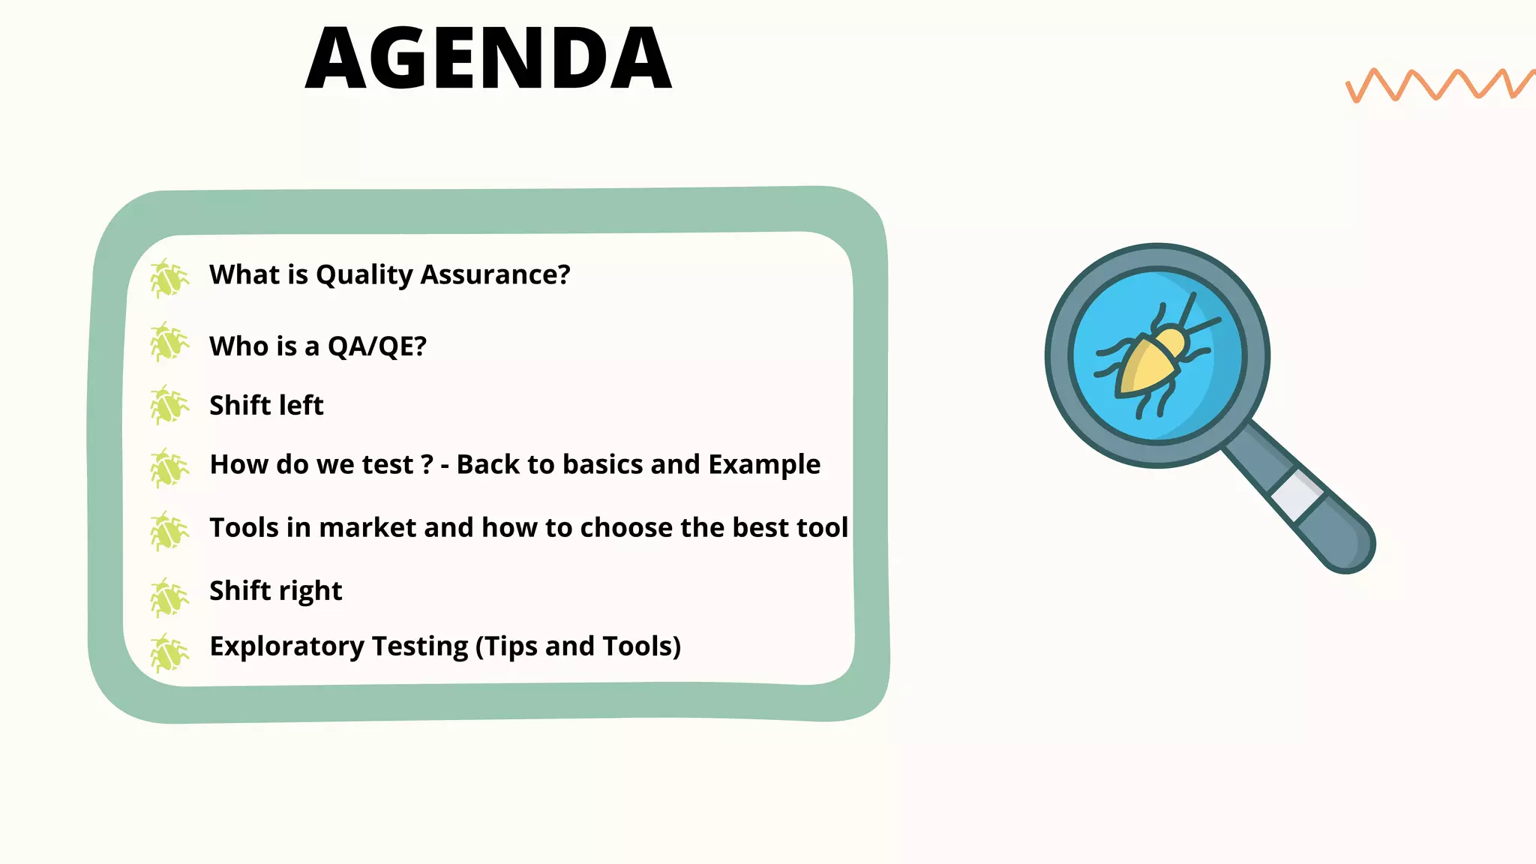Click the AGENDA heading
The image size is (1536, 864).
point(488,58)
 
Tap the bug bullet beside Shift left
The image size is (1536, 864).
point(169,406)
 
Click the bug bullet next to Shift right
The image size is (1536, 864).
point(169,598)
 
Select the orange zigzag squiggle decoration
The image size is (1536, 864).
point(1438,85)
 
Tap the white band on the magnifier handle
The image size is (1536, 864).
point(1297,496)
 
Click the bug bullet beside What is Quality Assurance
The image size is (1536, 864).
point(169,278)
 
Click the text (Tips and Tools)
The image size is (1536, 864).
point(578,646)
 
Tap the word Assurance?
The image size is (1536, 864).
point(495,275)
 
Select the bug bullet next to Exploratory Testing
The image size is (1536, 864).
point(169,652)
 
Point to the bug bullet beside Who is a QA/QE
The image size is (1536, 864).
point(169,343)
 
